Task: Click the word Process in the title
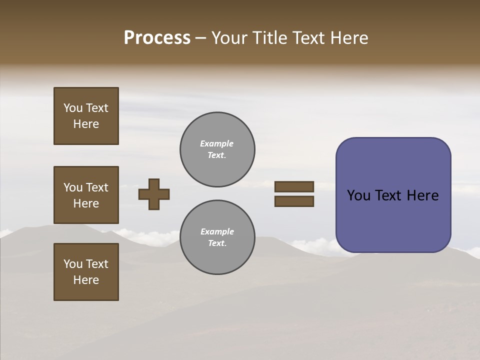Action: click(157, 38)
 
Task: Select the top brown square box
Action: click(86, 116)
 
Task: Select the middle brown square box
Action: click(86, 195)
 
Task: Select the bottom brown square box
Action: click(86, 272)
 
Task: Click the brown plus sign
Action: click(154, 194)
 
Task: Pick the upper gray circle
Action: click(217, 149)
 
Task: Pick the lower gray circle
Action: click(217, 237)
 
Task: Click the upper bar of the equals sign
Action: click(294, 186)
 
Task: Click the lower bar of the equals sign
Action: click(294, 201)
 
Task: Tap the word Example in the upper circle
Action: click(217, 143)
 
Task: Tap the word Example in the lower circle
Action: click(217, 231)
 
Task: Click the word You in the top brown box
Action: click(73, 108)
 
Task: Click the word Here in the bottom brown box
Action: click(86, 280)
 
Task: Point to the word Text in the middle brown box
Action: click(97, 187)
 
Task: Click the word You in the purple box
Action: click(358, 195)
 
